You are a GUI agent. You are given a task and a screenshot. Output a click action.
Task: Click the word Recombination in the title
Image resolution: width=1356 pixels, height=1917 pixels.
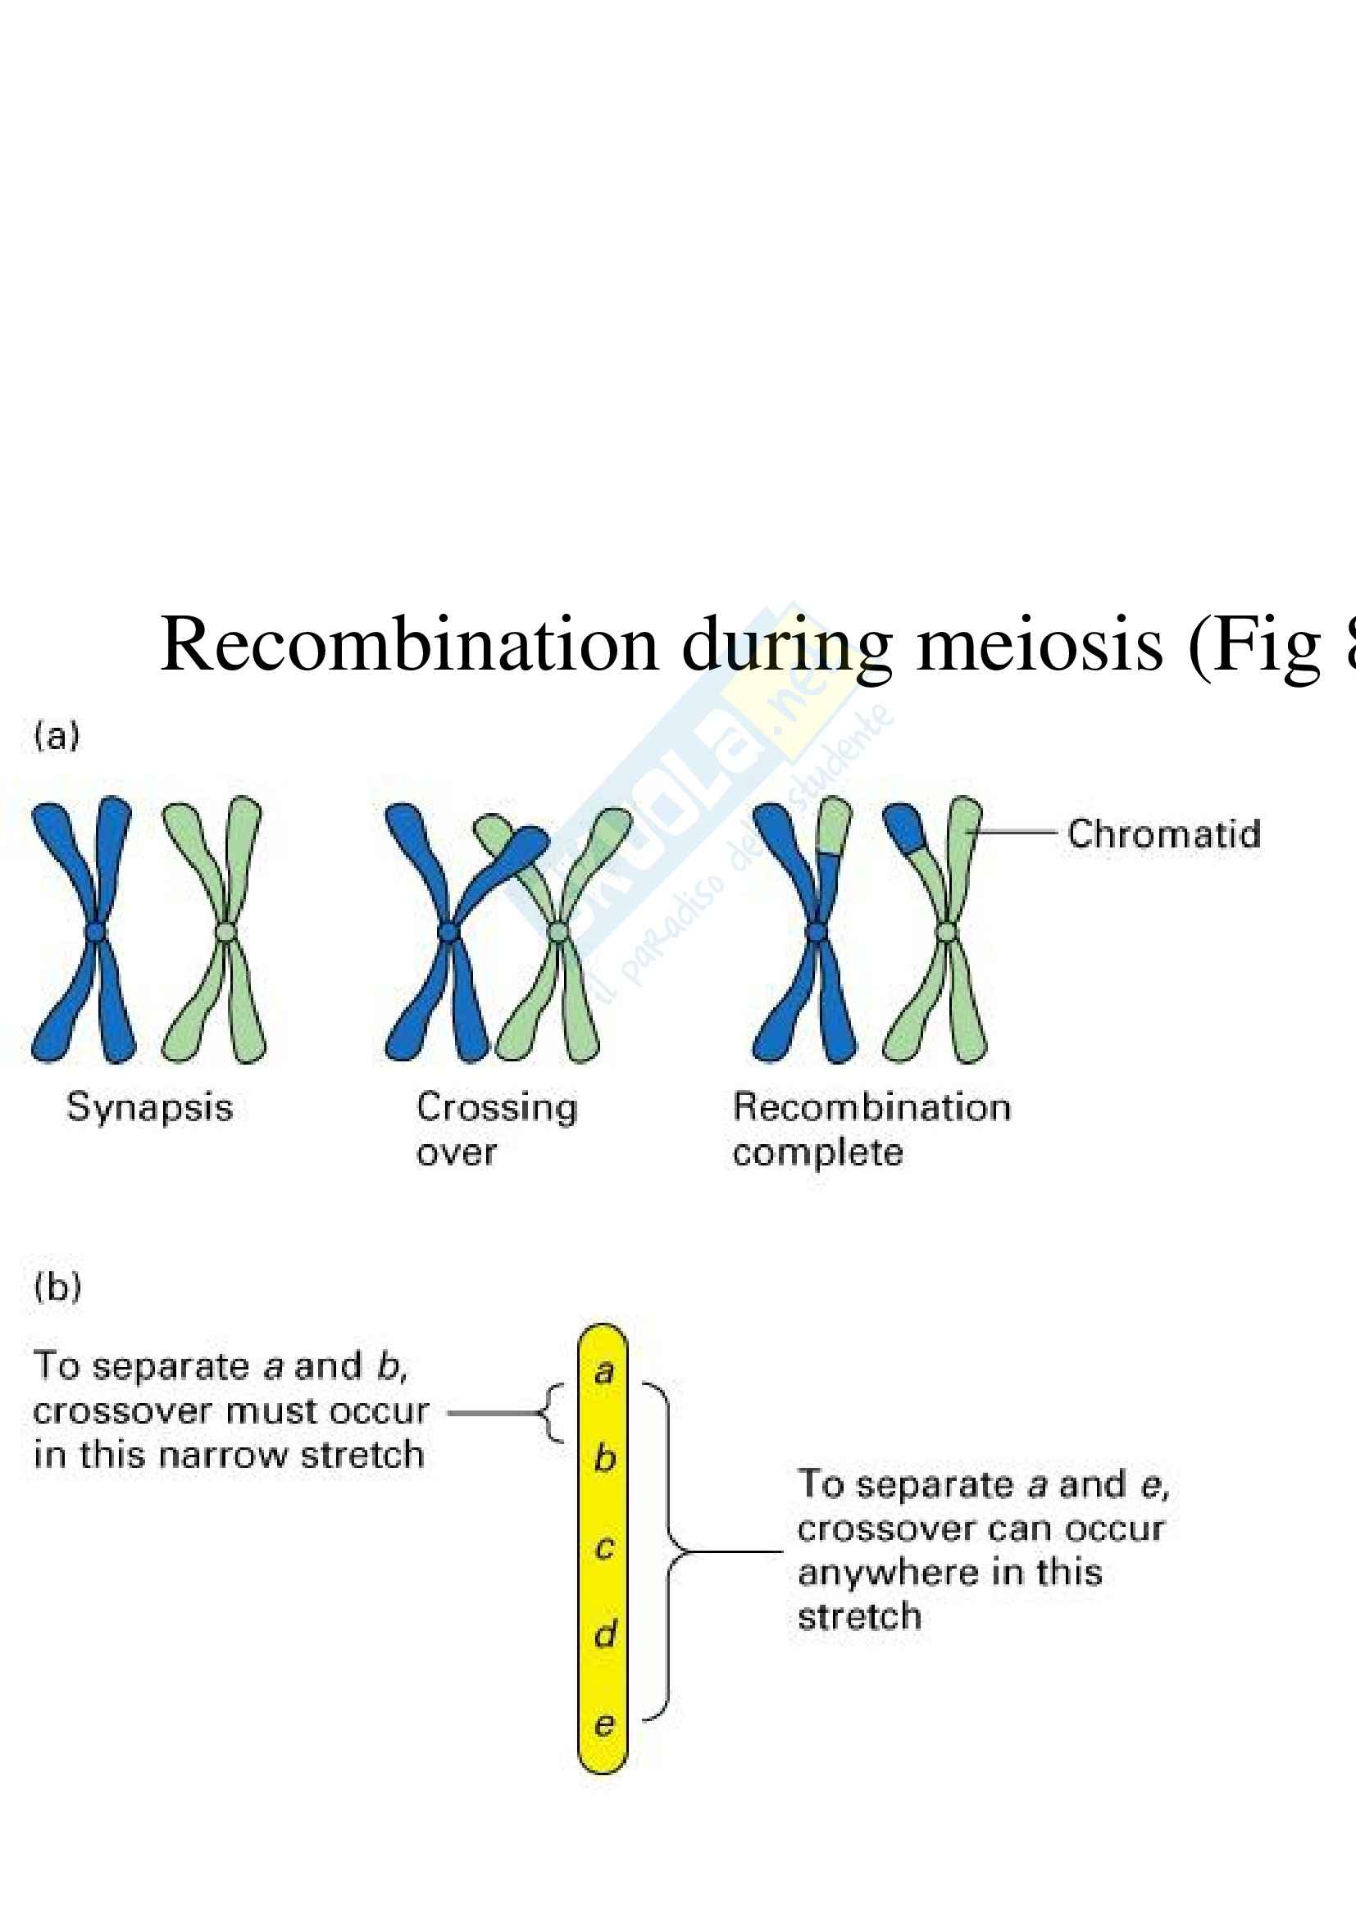click(409, 644)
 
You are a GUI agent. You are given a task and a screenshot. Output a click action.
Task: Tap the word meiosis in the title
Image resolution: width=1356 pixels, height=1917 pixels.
click(1039, 644)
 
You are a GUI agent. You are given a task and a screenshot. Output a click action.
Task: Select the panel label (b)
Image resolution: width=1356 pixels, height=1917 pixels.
click(57, 1287)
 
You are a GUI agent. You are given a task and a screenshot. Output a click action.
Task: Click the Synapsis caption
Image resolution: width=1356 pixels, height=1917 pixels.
click(149, 1108)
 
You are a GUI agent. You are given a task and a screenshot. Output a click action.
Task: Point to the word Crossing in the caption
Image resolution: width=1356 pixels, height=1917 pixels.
click(497, 1108)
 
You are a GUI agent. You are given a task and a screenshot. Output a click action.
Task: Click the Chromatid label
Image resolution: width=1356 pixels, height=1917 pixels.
click(1164, 834)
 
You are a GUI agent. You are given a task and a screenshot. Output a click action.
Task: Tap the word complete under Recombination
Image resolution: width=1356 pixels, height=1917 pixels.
click(817, 1153)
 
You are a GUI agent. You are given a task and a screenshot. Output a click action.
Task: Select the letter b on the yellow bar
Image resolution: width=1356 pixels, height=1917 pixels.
click(604, 1459)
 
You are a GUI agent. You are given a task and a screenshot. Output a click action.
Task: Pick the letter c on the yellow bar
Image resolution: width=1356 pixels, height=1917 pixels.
click(604, 1547)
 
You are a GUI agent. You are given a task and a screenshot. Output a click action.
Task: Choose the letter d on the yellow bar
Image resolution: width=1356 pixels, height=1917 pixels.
click(605, 1634)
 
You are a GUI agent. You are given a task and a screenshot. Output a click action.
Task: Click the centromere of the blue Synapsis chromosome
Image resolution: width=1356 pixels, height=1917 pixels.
click(96, 931)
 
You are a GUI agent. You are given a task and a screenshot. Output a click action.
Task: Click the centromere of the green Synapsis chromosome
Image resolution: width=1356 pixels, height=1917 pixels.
click(225, 931)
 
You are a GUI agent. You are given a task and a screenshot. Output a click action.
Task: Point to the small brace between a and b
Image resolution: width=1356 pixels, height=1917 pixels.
click(552, 1414)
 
